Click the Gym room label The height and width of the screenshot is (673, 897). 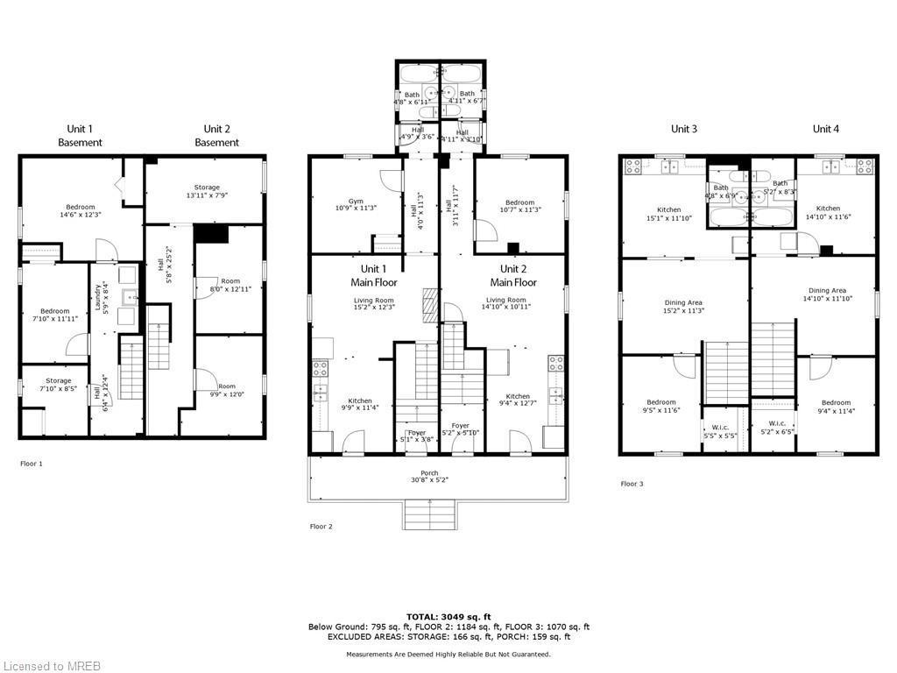pos(356,204)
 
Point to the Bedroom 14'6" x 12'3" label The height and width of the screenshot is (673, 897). pos(79,210)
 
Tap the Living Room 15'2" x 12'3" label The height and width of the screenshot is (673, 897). pos(373,303)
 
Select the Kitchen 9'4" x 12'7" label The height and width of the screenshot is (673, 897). pos(517,400)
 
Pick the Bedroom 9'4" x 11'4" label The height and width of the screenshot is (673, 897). pos(835,407)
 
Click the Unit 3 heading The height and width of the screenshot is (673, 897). pos(684,129)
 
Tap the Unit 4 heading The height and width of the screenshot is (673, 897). pos(825,129)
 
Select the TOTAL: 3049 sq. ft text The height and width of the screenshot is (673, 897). pos(448,616)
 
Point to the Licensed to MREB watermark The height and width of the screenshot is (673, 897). pos(51,665)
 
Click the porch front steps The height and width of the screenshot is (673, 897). pos(429,514)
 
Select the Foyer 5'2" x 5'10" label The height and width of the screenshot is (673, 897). pos(460,429)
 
